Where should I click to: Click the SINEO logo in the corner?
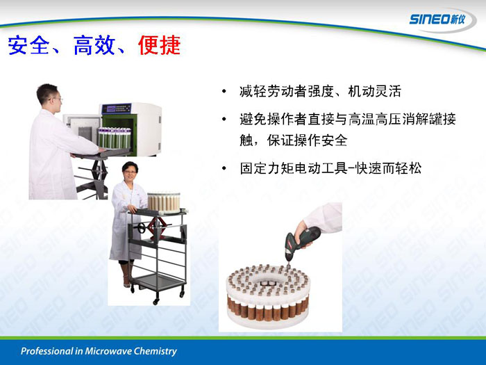pyautogui.click(x=437, y=19)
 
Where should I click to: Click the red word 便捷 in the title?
pyautogui.click(x=159, y=45)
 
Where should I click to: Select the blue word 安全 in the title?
pyautogui.click(x=29, y=45)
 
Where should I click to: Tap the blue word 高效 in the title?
pyautogui.click(x=94, y=45)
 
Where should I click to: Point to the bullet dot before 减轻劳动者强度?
pyautogui.click(x=224, y=92)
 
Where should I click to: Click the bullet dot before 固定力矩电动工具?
pyautogui.click(x=224, y=168)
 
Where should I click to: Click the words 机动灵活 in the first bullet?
pyautogui.click(x=374, y=91)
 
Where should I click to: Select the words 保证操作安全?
pyautogui.click(x=307, y=140)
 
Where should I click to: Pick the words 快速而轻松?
pyautogui.click(x=389, y=168)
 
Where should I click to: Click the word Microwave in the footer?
pyautogui.click(x=105, y=351)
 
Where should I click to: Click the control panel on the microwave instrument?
pyautogui.click(x=119, y=108)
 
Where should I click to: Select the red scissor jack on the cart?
pyautogui.click(x=158, y=227)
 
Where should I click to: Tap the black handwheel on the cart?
pyautogui.click(x=142, y=227)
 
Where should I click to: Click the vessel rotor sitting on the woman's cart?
pyautogui.click(x=163, y=203)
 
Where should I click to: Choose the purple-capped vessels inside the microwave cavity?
pyautogui.click(x=115, y=138)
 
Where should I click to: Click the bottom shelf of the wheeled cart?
pyautogui.click(x=159, y=282)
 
